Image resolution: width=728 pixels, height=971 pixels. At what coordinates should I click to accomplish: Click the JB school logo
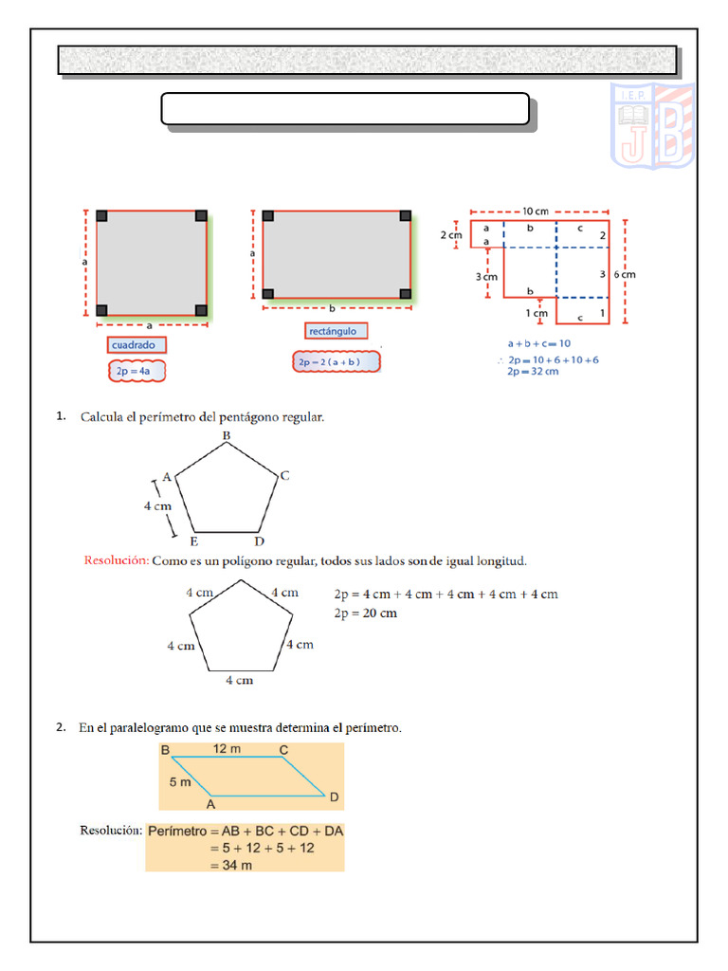pos(651,125)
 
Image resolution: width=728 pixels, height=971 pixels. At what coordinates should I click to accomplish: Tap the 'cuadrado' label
pos(136,345)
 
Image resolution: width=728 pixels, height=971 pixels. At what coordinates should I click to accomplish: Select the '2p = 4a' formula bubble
pos(136,371)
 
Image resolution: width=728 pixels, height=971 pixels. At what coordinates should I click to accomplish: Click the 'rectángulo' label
pos(333,331)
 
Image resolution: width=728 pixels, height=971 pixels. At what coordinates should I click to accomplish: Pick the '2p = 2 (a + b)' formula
pos(335,362)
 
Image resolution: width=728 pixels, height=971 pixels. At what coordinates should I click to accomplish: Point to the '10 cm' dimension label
pos(536,211)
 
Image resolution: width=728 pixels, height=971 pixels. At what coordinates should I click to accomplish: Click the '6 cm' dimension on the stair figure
pos(624,274)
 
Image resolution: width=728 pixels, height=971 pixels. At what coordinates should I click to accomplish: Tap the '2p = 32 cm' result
pos(534,372)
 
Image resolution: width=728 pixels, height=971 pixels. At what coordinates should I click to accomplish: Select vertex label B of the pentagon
pos(227,435)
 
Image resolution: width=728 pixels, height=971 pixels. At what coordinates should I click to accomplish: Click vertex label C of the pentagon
pos(283,476)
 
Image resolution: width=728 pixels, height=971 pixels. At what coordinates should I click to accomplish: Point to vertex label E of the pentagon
pos(193,541)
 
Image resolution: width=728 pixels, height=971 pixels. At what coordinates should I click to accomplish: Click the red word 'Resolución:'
pos(117,561)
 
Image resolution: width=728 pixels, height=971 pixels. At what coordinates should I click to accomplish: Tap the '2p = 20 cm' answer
pos(366,614)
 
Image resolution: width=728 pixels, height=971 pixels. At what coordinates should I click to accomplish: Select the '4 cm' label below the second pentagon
pos(239,680)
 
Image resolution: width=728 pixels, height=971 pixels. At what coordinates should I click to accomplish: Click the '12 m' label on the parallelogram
pos(226,749)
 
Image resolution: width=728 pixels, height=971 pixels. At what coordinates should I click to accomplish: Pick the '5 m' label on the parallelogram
pos(180,782)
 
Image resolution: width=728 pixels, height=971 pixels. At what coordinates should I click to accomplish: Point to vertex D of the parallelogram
pos(334,796)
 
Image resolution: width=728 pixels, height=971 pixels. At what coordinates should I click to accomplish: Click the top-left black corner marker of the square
pos(101,216)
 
